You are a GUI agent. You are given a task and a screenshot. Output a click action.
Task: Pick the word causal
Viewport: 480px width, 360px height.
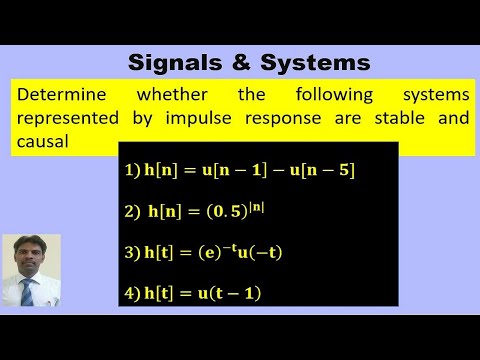point(43,142)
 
